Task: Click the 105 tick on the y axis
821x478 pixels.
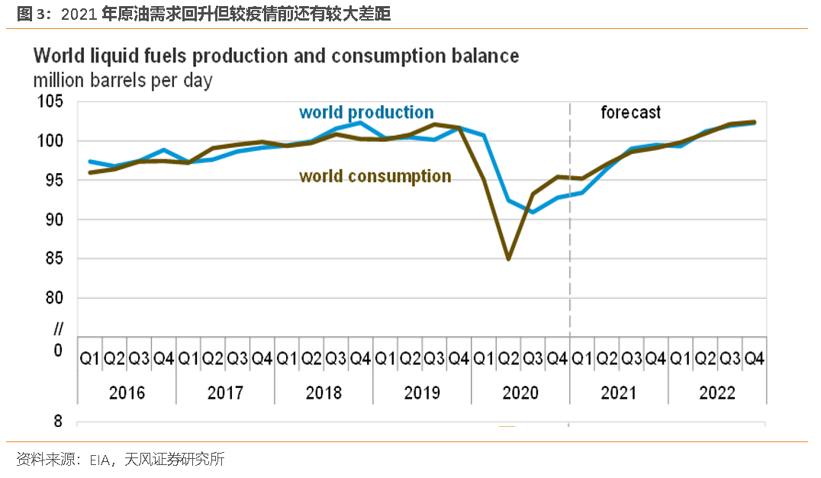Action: (x=51, y=102)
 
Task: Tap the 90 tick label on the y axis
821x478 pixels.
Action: (x=55, y=220)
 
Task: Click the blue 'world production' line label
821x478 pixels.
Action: (x=366, y=113)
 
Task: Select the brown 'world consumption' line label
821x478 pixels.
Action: (x=375, y=177)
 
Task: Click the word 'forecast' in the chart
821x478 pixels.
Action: (x=630, y=113)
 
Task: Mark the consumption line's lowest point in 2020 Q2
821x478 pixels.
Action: (x=508, y=258)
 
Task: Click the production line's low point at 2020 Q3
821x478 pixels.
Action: (x=533, y=212)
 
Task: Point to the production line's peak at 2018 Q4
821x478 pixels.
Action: (x=360, y=123)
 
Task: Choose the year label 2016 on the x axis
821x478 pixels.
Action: (x=127, y=393)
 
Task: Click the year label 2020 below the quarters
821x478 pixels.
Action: (x=520, y=393)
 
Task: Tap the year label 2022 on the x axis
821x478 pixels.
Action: (x=716, y=393)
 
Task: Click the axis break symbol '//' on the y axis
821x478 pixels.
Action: (x=58, y=330)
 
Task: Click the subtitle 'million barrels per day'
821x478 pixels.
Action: (x=123, y=79)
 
